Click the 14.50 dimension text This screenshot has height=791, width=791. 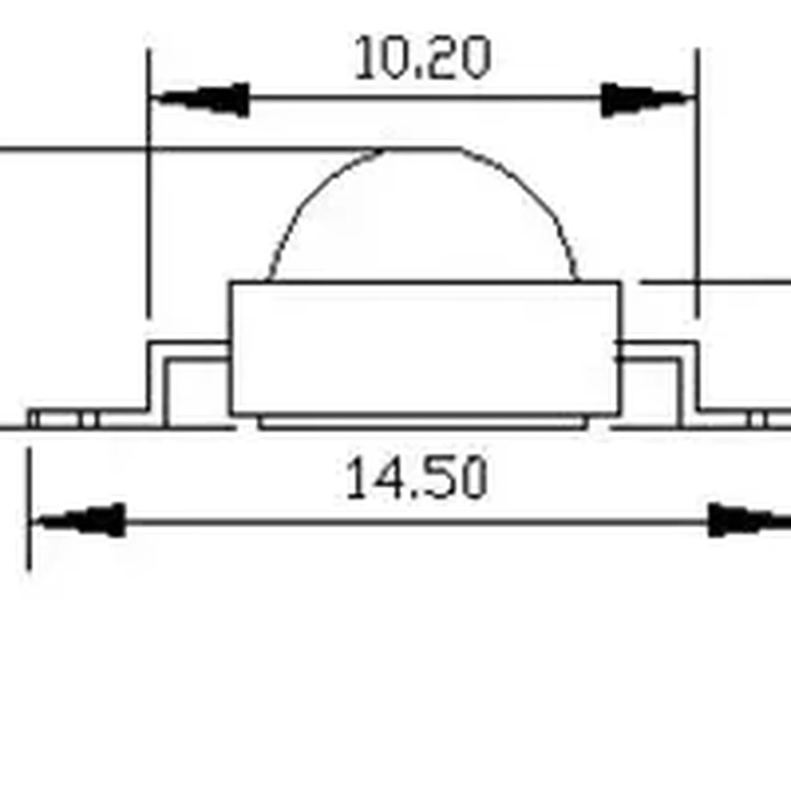click(416, 478)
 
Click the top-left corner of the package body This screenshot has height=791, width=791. click(231, 282)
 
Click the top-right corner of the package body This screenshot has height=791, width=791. click(619, 282)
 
